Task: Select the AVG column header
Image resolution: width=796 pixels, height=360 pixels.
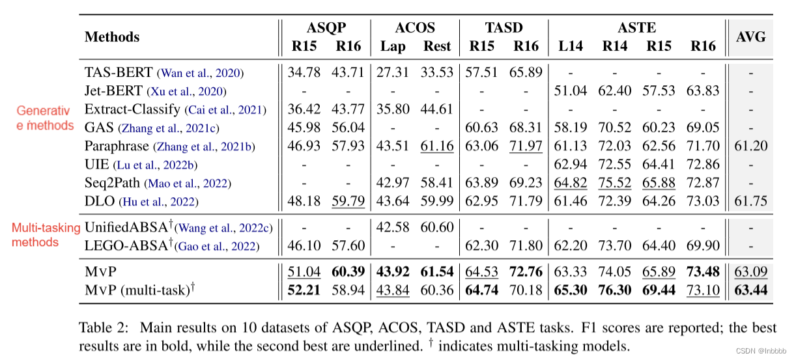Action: click(750, 36)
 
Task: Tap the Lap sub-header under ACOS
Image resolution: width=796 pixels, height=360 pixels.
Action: click(393, 46)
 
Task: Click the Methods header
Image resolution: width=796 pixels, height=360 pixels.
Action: click(112, 36)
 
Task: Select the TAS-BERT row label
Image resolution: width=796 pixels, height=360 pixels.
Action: click(119, 73)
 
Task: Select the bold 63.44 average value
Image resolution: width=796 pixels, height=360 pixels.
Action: click(750, 289)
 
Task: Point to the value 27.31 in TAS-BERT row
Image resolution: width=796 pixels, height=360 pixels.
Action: click(393, 73)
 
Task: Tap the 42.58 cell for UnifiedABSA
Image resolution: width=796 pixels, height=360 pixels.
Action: click(393, 227)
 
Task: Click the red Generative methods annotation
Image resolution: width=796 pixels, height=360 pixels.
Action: click(45, 118)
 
